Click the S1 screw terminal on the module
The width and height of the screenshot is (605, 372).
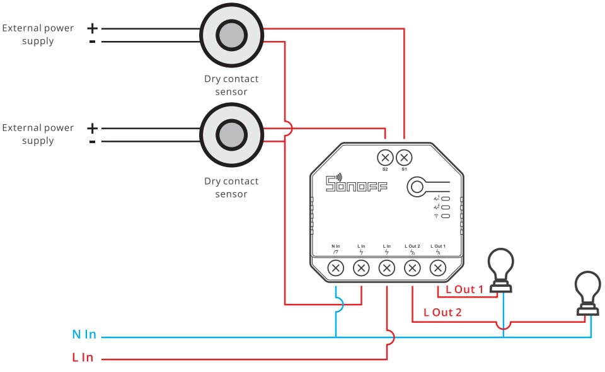(403, 157)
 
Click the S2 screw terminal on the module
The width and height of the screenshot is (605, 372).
(385, 157)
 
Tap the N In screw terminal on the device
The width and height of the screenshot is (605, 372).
(336, 268)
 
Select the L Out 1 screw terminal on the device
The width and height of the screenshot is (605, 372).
(437, 268)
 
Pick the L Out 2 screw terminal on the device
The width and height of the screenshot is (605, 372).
(412, 268)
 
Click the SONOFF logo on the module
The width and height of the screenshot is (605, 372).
(356, 183)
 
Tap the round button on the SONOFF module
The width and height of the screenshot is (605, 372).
(416, 187)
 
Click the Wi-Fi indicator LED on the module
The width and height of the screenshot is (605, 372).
(445, 216)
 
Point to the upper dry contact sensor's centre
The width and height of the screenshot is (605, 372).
(231, 35)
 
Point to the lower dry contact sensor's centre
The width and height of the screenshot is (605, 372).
(231, 134)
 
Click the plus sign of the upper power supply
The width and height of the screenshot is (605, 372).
(93, 28)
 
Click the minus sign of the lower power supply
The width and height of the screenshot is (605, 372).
(93, 142)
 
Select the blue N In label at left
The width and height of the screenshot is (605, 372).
(84, 335)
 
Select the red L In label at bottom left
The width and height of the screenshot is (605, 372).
(83, 357)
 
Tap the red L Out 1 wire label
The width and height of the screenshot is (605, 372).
(464, 289)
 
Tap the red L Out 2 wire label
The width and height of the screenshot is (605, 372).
(442, 312)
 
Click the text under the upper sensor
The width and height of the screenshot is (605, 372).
(231, 85)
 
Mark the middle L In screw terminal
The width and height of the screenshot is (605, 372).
(386, 268)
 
